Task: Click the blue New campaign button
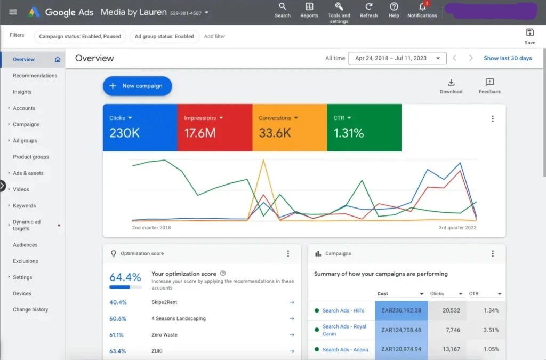pos(137,86)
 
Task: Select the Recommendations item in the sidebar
pos(35,76)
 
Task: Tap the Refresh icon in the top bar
pos(368,7)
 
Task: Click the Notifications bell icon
pos(422,7)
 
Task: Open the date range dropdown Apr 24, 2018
pos(397,58)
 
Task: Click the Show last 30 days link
pos(508,58)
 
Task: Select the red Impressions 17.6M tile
pos(214,128)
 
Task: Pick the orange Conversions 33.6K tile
pos(289,128)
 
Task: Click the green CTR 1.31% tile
pos(364,128)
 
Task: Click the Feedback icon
pos(489,82)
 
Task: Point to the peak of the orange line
pos(263,161)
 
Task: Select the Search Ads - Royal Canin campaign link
pos(344,330)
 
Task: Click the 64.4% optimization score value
pos(125,277)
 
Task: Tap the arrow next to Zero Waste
pos(292,335)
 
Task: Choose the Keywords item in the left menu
pos(25,206)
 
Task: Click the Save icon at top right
pos(529,33)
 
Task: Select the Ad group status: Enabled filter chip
pos(164,36)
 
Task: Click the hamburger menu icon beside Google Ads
pos(13,12)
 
